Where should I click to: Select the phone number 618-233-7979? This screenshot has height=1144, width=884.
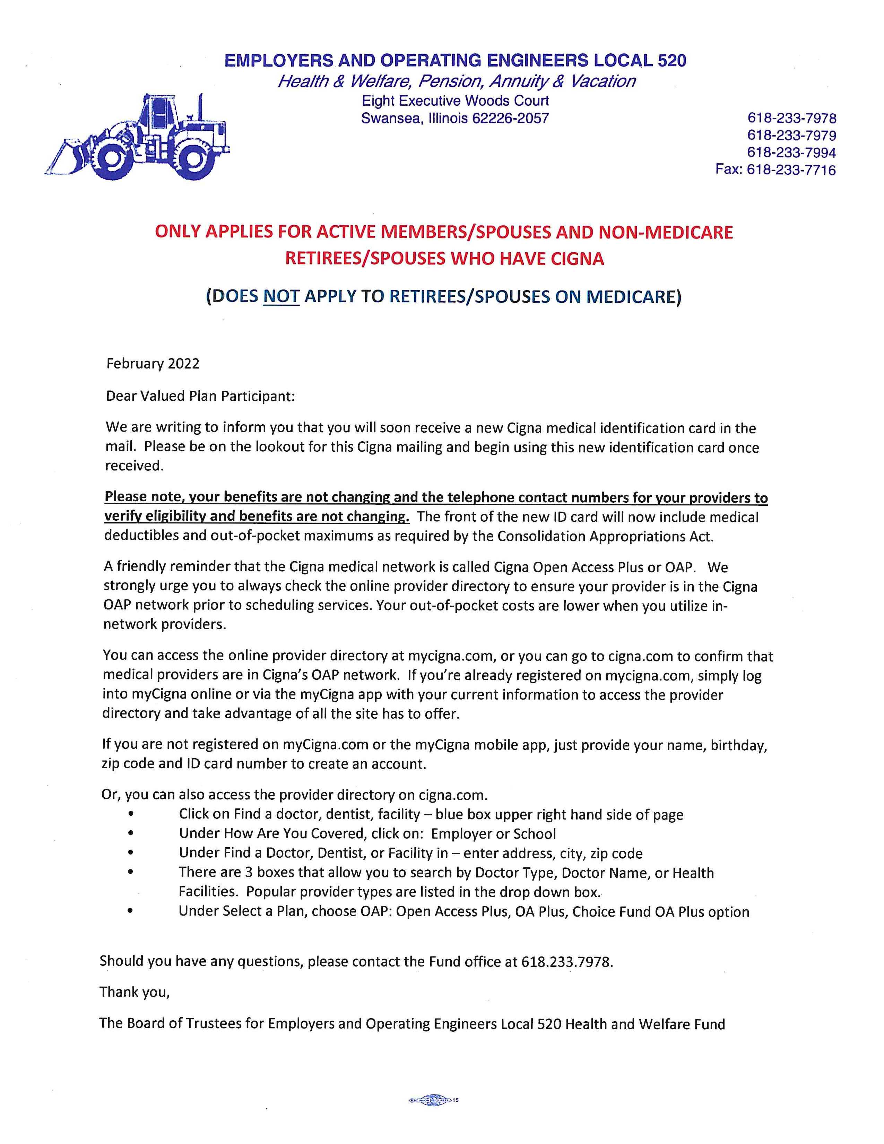pyautogui.click(x=791, y=135)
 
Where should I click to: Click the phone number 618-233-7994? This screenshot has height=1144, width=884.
pyautogui.click(x=791, y=153)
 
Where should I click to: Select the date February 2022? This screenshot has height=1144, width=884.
pyautogui.click(x=153, y=364)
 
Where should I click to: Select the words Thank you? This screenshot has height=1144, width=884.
pyautogui.click(x=135, y=992)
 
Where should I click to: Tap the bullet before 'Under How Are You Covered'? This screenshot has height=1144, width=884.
pyautogui.click(x=130, y=833)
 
